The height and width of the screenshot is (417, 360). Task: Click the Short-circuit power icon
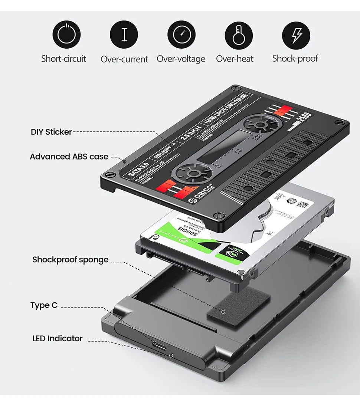66,35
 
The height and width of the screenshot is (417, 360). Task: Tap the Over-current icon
124,35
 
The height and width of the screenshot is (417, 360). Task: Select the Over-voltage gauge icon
181,35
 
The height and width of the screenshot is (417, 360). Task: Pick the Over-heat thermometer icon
239,35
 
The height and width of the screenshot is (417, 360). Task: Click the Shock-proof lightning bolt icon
296,35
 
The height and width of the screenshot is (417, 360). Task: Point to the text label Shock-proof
295,58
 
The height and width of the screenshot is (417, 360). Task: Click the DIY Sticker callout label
51,132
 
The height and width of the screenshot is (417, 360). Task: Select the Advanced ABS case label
69,157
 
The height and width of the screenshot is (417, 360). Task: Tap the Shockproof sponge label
70,259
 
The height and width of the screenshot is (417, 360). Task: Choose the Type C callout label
44,305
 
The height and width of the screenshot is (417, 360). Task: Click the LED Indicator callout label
57,338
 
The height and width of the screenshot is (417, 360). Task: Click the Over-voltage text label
181,59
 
